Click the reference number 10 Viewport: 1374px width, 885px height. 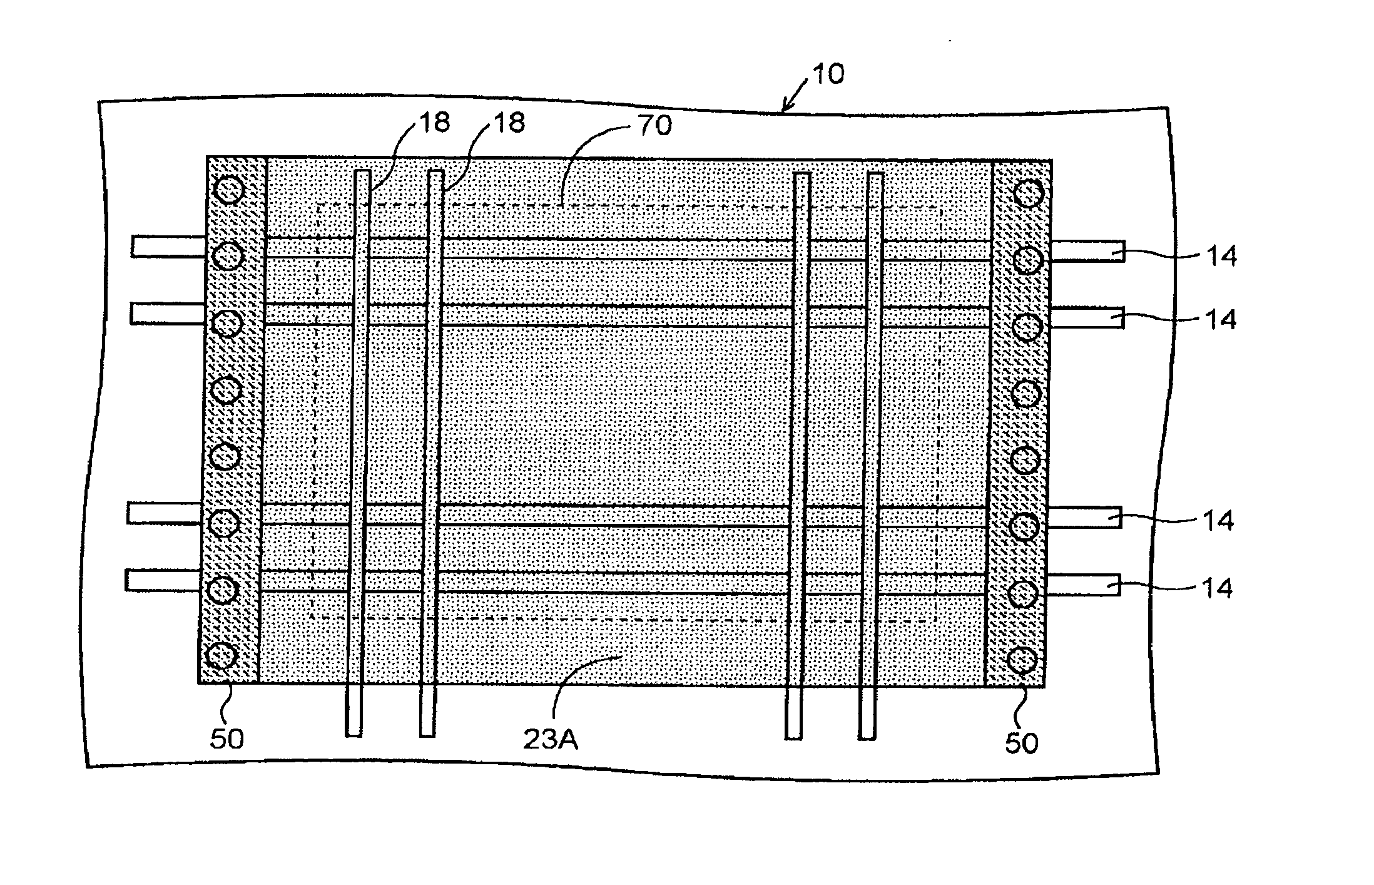point(828,74)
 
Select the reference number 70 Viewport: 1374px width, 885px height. point(656,126)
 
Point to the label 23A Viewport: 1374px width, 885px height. point(551,740)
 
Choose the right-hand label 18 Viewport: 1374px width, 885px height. point(509,123)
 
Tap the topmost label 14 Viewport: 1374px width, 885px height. point(1221,256)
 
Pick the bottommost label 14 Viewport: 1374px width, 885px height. point(1218,588)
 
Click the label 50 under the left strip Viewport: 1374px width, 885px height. point(226,739)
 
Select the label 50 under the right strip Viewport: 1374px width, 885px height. point(1022,743)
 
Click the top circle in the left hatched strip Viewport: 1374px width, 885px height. point(229,189)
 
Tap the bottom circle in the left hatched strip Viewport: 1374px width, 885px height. point(221,657)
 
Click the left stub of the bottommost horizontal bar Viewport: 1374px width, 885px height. point(163,580)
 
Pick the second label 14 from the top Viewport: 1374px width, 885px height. point(1221,320)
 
